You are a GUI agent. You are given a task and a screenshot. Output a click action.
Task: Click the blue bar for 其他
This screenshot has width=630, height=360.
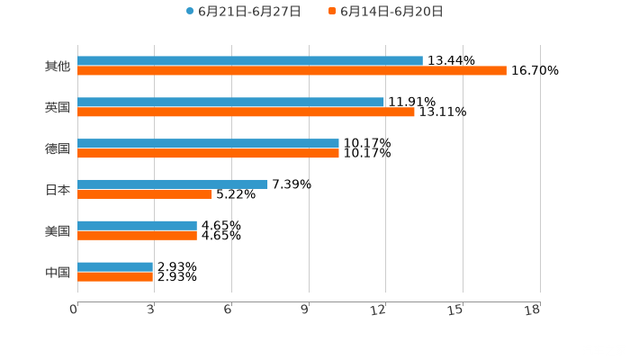(250, 60)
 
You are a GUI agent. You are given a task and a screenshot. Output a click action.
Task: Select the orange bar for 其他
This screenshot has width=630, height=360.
(292, 70)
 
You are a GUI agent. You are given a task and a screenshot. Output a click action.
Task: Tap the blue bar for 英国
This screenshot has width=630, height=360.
(230, 102)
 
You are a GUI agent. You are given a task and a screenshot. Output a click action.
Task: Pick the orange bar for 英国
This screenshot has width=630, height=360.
(246, 112)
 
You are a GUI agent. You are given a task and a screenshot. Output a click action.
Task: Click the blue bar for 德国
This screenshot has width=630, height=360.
(208, 143)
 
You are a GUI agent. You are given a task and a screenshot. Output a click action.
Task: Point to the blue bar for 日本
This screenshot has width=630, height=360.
(172, 184)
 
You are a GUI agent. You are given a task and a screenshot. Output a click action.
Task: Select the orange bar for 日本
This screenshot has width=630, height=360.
(145, 193)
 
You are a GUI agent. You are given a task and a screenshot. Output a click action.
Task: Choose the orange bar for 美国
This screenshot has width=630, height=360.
(137, 235)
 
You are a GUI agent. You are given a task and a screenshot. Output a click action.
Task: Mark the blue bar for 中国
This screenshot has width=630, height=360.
(115, 266)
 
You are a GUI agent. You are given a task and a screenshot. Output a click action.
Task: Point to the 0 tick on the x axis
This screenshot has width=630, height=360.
(74, 310)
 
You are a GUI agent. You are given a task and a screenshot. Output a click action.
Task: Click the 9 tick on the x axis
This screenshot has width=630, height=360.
(305, 310)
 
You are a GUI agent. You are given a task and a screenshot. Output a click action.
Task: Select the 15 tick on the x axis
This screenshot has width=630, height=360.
(456, 310)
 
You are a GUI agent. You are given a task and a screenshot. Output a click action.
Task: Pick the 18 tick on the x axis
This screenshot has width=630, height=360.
(533, 310)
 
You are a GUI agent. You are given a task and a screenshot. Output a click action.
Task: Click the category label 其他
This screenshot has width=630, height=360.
(57, 66)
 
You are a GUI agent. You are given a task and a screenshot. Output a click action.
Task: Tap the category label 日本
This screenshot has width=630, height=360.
(57, 189)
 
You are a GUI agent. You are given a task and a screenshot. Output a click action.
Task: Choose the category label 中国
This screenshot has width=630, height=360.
(57, 272)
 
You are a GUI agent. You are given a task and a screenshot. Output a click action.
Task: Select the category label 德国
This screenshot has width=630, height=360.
(57, 148)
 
